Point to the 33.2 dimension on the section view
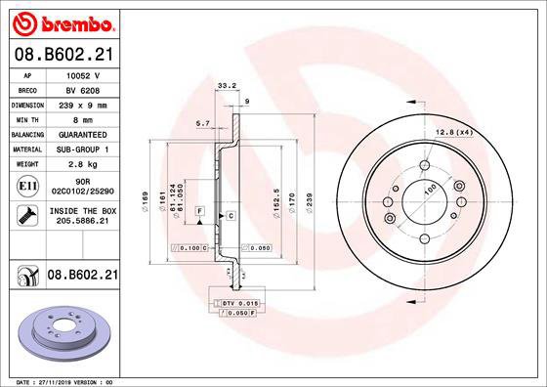[x=227, y=85]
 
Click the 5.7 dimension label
[x=204, y=122]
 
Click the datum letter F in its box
[x=200, y=211]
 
